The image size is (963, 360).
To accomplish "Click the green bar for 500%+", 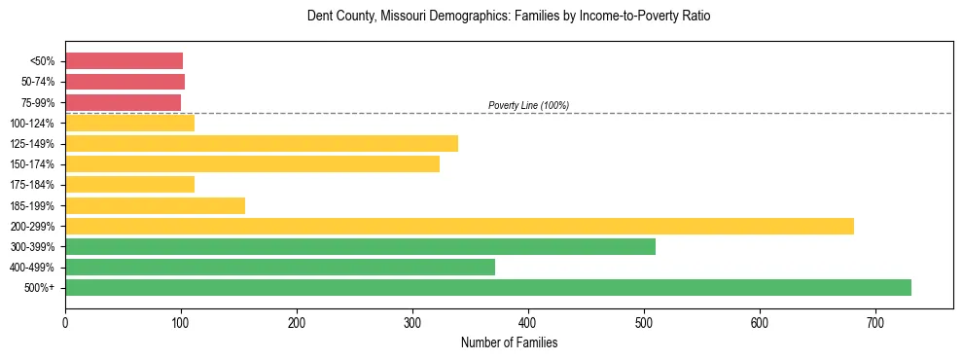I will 487,287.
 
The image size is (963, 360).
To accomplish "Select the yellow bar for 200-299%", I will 459,226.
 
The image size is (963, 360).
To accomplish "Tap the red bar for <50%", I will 124,61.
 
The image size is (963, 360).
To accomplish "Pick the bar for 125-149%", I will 262,144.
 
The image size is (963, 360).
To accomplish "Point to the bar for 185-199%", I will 155,205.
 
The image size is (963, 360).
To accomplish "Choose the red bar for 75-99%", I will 123,102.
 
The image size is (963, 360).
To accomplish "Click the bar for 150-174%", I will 252,164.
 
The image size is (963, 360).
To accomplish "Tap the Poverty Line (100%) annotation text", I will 528,105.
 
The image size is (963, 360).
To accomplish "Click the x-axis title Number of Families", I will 509,342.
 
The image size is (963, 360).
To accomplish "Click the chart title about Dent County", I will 509,17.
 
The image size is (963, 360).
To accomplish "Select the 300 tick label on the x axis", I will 412,322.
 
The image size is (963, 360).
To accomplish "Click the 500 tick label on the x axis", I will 643,322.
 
